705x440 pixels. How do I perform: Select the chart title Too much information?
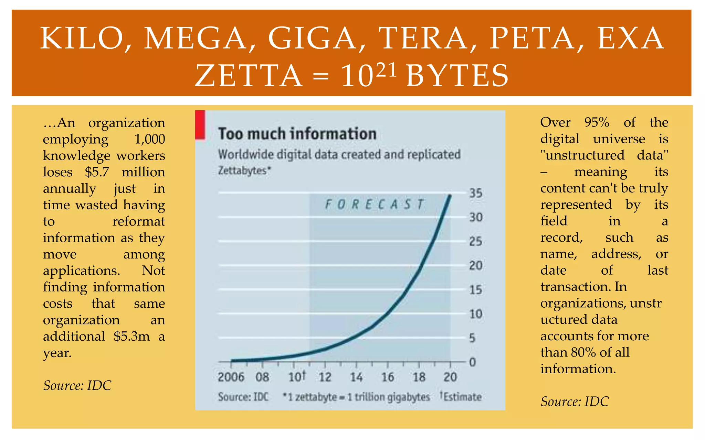click(x=297, y=134)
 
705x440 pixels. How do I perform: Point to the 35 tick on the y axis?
click(x=476, y=193)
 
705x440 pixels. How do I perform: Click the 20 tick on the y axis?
click(x=476, y=266)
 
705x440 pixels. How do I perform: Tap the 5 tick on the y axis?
click(x=472, y=338)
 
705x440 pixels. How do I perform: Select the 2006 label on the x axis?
click(x=231, y=377)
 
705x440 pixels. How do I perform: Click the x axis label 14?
click(x=356, y=377)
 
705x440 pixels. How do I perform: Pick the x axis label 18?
click(x=419, y=377)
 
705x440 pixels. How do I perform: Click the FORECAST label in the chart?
click(x=374, y=205)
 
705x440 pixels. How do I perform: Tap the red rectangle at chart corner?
click(x=200, y=125)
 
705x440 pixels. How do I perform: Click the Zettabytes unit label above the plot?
click(x=244, y=171)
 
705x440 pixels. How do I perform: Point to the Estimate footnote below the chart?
click(x=461, y=397)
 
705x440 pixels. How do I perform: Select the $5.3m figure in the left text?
click(x=131, y=336)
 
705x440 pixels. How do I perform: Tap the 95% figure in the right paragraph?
click(x=597, y=122)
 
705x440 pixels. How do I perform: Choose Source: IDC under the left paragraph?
click(x=77, y=386)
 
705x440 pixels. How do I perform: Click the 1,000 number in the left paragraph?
click(x=149, y=139)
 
